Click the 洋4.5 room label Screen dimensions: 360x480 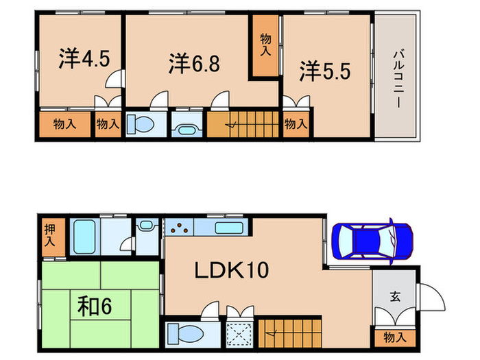click(80, 60)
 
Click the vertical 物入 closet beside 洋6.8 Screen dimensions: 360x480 click(265, 46)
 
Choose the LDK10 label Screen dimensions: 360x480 click(232, 270)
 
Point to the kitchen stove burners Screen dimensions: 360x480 click(179, 228)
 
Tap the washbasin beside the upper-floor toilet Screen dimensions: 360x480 click(186, 126)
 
